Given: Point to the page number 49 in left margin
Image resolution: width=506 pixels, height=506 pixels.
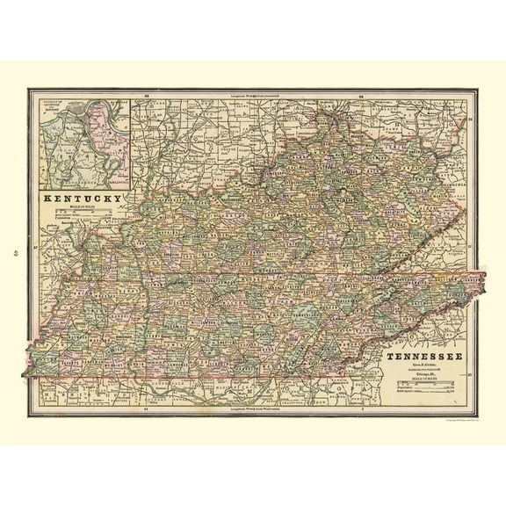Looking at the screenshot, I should point(15,254).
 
